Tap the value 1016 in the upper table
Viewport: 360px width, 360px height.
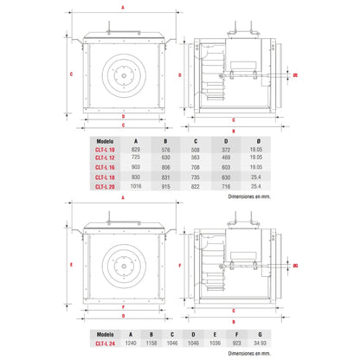pyautogui.click(x=136, y=185)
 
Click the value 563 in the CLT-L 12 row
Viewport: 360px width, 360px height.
pyautogui.click(x=196, y=157)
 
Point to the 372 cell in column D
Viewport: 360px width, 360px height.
pyautogui.click(x=227, y=149)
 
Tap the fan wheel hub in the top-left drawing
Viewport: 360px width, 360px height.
pyautogui.click(x=122, y=74)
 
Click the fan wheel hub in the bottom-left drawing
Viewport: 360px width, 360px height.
pyautogui.click(x=122, y=265)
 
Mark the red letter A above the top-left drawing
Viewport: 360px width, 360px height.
pyautogui.click(x=122, y=7)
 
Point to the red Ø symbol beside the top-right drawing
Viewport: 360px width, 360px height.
pyautogui.click(x=295, y=75)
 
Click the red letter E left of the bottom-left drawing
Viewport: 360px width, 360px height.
pyautogui.click(x=71, y=265)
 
